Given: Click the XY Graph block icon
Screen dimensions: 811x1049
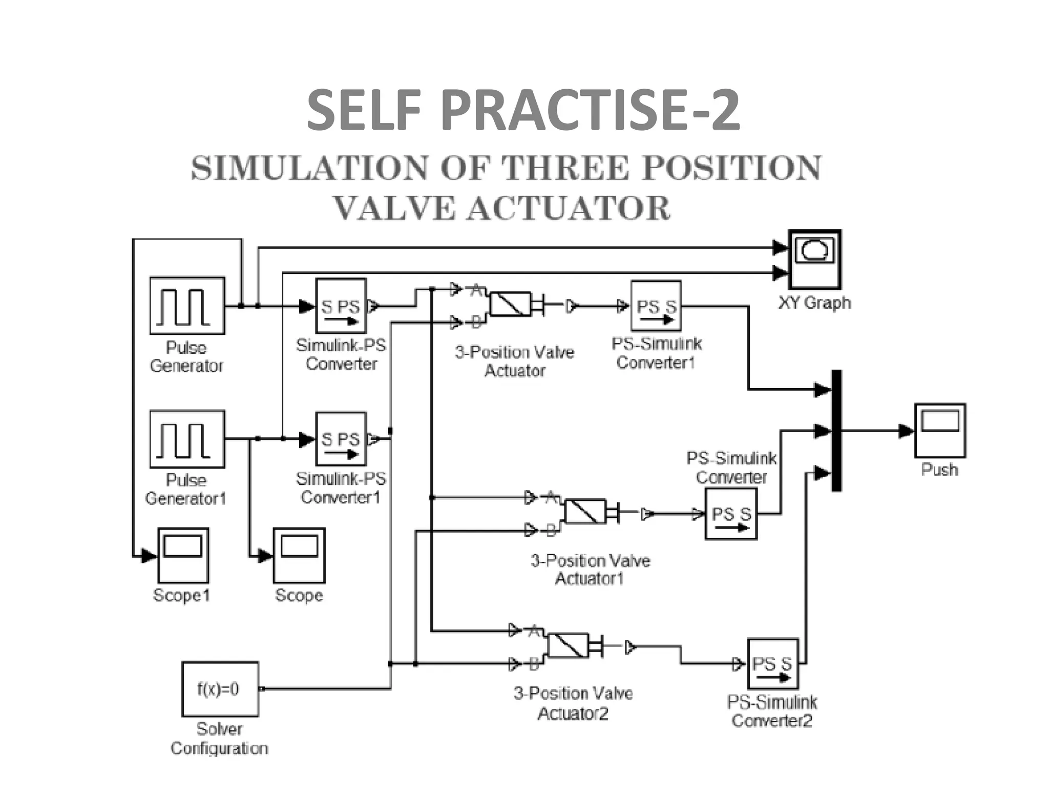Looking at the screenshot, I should point(814,259).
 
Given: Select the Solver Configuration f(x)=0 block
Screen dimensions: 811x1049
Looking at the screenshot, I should point(220,688).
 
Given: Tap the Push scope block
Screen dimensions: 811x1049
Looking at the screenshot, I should point(940,430).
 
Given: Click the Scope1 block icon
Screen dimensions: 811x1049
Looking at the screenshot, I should point(183,555).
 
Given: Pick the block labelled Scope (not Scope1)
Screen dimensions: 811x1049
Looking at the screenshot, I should point(299,555).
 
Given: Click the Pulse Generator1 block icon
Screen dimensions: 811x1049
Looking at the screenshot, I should point(187,439).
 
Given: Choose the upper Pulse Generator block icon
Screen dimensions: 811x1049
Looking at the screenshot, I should point(187,306).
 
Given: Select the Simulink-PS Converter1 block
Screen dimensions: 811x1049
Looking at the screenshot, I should point(341,439).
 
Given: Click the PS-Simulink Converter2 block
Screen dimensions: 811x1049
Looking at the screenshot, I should point(772,664).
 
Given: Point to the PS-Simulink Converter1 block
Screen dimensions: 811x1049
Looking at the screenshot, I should point(656,306).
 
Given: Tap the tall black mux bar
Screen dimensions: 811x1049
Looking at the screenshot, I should point(836,430).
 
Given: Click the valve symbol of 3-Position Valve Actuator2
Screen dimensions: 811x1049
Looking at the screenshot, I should point(568,646).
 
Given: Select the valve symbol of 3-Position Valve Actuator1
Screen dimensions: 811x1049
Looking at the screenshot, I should point(585,511).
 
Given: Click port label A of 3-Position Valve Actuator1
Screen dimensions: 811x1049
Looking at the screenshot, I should point(551,496).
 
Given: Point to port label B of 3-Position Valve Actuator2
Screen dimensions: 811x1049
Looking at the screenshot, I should point(534,664).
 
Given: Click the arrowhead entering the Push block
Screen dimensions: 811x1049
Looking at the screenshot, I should point(907,431).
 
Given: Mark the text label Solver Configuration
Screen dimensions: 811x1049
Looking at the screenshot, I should point(220,738).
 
